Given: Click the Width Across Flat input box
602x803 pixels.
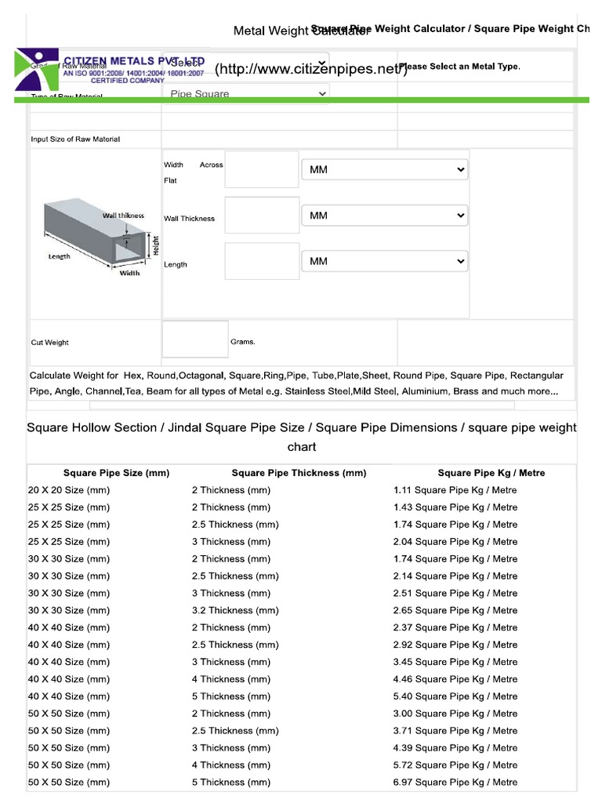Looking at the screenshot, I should click(261, 169).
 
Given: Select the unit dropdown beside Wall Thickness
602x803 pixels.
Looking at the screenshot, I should click(384, 215).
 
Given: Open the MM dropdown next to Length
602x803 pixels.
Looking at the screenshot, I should click(384, 261).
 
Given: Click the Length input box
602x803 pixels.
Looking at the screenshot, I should click(261, 261).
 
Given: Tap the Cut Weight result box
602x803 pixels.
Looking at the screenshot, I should click(194, 339).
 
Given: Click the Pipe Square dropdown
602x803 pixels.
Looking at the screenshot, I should click(247, 94).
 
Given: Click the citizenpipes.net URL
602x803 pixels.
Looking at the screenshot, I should click(310, 70).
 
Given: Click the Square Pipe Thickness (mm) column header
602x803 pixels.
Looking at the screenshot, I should click(299, 473).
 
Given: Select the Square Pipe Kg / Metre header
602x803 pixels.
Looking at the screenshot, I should click(491, 473).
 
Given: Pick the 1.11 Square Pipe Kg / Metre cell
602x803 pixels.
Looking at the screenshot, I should click(455, 490).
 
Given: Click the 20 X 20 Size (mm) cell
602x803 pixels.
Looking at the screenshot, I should click(68, 490).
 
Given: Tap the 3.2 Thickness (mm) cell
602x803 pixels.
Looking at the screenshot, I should click(234, 610).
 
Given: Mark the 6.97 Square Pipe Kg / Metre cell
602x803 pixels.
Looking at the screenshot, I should click(455, 782).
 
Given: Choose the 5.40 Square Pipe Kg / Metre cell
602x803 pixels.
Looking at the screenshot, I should click(455, 696).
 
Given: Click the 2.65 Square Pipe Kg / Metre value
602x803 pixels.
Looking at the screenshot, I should click(455, 610).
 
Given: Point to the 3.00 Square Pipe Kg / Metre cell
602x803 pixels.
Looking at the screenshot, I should click(455, 714).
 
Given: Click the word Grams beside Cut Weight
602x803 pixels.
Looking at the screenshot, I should click(242, 342).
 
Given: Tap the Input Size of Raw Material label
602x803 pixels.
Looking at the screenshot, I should click(75, 140).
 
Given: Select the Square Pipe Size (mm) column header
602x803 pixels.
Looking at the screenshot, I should click(116, 473).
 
